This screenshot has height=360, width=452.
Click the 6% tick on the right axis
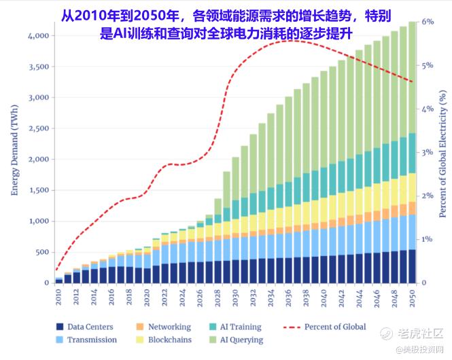pyautogui.click(x=428, y=22)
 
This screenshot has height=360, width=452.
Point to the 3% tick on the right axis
pyautogui.click(x=428, y=152)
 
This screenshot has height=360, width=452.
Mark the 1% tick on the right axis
pyautogui.click(x=428, y=239)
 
